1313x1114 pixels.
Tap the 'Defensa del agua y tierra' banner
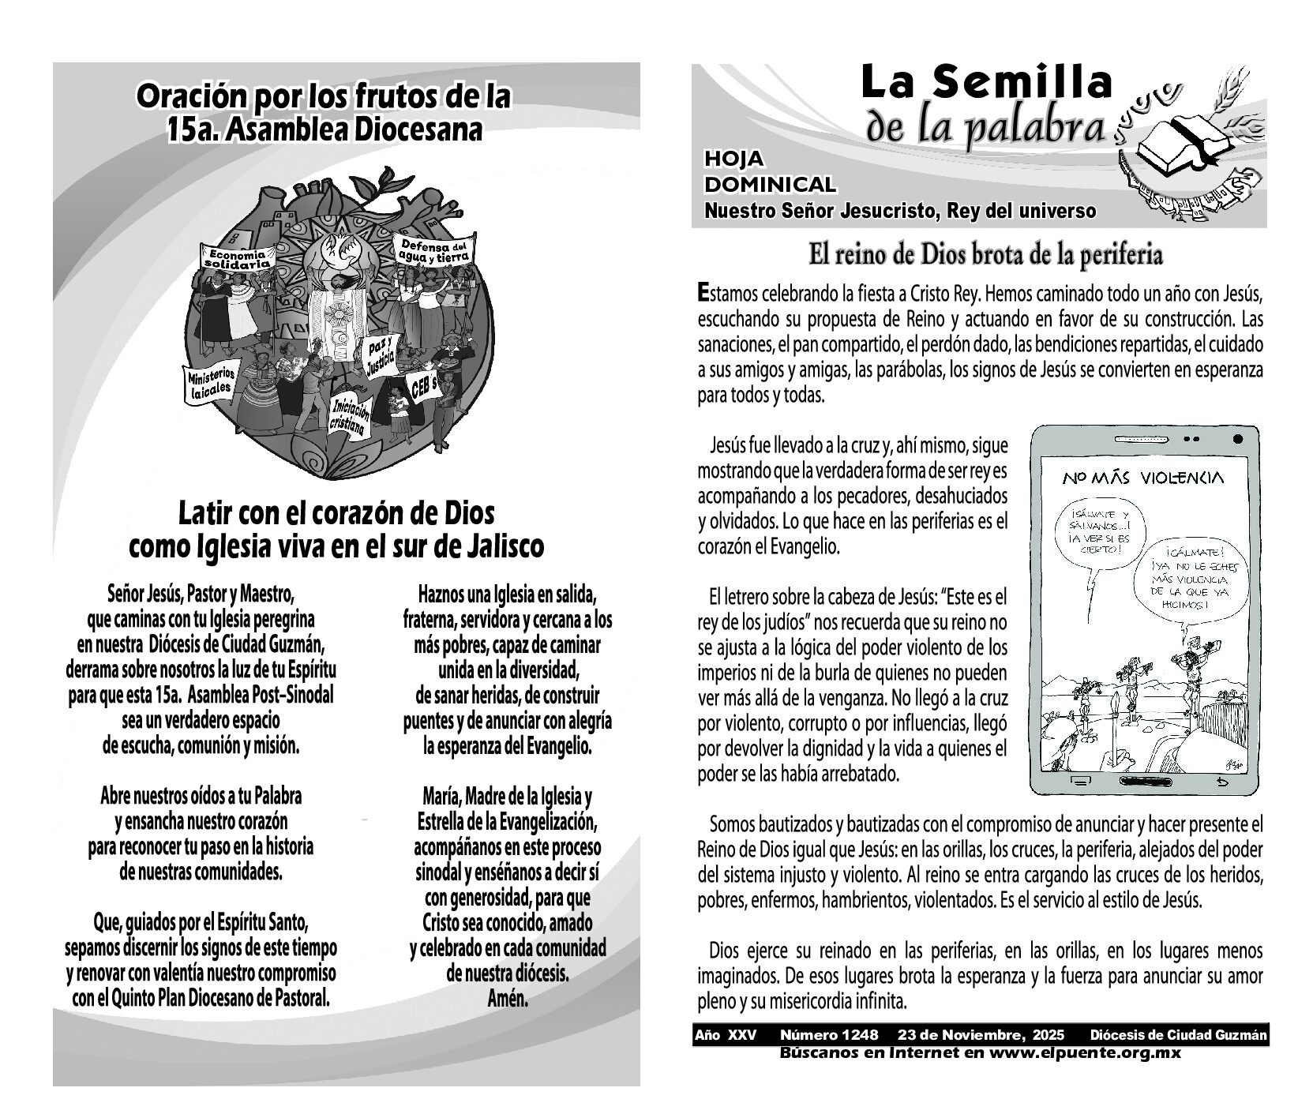[434, 250]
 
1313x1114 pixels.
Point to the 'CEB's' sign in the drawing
[423, 385]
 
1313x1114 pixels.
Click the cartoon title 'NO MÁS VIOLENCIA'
[1142, 478]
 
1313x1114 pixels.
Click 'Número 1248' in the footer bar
[828, 1035]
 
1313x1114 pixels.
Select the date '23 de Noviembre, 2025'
[980, 1035]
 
